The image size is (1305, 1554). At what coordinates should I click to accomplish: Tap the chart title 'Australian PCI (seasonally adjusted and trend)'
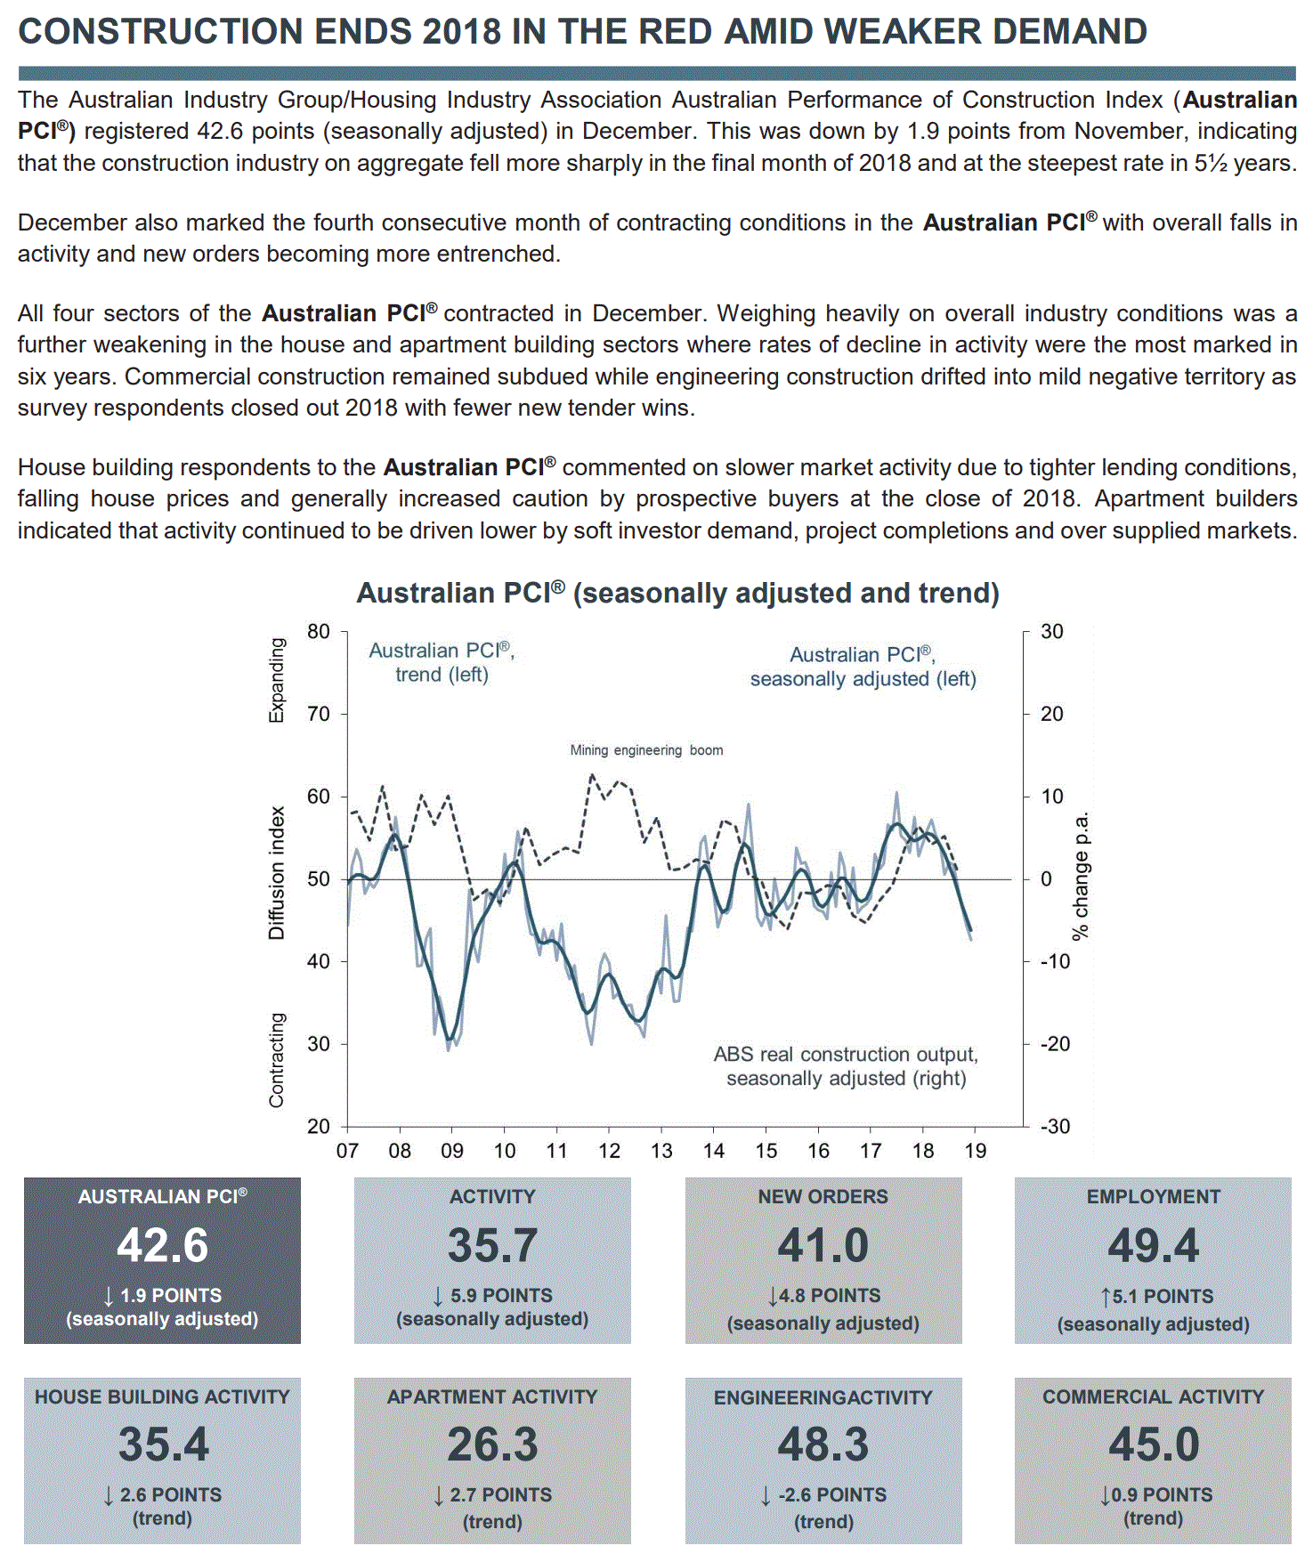[677, 593]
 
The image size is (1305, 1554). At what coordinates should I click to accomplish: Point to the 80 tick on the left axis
[319, 632]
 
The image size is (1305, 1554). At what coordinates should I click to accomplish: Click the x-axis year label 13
[661, 1151]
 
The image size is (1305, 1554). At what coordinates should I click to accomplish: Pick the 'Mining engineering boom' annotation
[646, 750]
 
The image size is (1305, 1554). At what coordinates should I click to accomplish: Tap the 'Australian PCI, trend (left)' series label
[442, 662]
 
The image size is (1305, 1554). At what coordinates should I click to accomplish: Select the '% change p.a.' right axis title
[1081, 877]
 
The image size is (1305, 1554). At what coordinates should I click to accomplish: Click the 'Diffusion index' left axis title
[277, 873]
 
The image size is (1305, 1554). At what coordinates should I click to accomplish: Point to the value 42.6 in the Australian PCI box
[162, 1245]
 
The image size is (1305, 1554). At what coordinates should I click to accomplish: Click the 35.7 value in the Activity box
[492, 1245]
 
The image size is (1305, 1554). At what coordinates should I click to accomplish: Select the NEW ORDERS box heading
[823, 1197]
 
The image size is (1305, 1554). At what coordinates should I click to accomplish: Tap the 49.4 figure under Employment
[1153, 1245]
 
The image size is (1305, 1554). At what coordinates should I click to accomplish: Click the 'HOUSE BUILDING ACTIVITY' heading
[162, 1397]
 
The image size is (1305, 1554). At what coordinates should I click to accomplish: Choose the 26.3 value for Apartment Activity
[492, 1445]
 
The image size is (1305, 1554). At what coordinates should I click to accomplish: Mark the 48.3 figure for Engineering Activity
[823, 1445]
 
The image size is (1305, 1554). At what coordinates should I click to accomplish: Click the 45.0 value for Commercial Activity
[1153, 1445]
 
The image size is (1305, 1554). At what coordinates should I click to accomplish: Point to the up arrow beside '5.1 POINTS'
[1105, 1297]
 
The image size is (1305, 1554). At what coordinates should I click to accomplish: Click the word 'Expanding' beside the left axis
[277, 680]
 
